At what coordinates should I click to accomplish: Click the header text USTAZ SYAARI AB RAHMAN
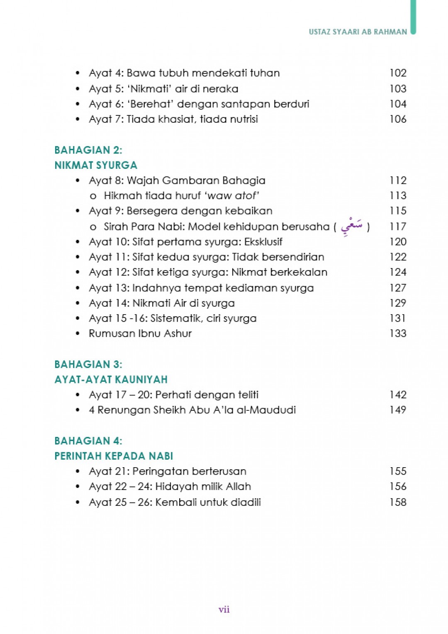tap(358, 32)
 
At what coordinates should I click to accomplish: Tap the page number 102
tap(398, 73)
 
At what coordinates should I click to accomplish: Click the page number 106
tap(398, 119)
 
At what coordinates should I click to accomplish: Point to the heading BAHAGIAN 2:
tap(88, 150)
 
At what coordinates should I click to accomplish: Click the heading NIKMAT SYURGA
tap(96, 165)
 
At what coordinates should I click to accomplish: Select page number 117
tap(398, 227)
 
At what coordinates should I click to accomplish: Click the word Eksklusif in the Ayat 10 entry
tap(263, 242)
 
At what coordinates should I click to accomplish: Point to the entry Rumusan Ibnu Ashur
tap(140, 334)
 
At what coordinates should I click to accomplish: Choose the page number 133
tap(398, 334)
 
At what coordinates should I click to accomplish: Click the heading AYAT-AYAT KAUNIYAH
tap(111, 380)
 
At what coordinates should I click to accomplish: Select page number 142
tap(398, 395)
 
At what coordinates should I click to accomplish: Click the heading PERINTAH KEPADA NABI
tap(114, 456)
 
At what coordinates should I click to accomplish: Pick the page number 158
tap(398, 502)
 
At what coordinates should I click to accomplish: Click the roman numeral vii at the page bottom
tap(224, 609)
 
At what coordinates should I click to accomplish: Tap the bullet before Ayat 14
tap(78, 303)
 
